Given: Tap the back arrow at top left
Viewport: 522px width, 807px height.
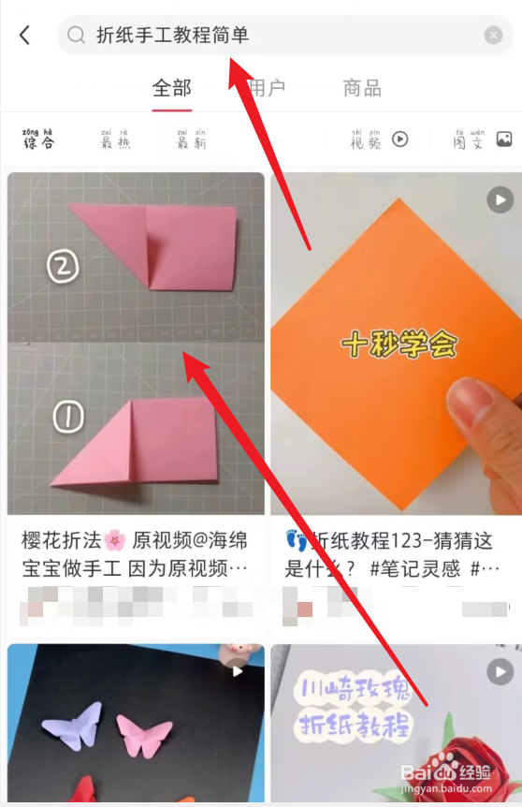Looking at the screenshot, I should point(25,36).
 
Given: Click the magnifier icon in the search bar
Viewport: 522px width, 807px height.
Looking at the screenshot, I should point(76,36).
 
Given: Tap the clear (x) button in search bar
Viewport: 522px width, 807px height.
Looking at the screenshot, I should point(493,36).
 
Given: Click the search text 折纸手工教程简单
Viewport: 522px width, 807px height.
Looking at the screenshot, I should point(172,36).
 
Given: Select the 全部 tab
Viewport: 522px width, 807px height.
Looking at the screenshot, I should point(172,89).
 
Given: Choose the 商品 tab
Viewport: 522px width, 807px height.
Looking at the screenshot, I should point(362,89).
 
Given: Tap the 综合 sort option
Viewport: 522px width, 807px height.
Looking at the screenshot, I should point(38,139).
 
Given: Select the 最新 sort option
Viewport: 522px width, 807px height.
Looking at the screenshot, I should point(191,139).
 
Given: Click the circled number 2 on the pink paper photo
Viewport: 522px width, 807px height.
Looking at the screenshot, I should point(62,268).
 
